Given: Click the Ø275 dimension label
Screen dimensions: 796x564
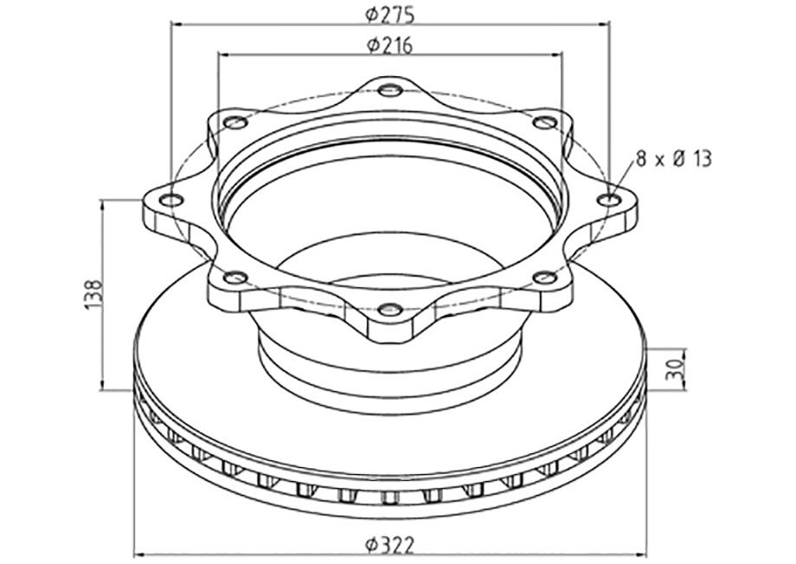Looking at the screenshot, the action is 390,15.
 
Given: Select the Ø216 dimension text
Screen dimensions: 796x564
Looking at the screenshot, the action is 390,45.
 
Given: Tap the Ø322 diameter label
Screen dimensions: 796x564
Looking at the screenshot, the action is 390,546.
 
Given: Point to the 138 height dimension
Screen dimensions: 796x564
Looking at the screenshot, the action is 94,294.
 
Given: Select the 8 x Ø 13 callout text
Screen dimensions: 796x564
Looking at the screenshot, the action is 674,159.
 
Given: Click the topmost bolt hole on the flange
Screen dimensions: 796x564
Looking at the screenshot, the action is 390,92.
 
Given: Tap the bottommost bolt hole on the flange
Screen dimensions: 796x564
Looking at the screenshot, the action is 390,309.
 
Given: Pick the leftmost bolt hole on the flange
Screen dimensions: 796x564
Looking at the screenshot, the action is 171,201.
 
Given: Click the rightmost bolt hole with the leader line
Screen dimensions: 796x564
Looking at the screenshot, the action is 609,200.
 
